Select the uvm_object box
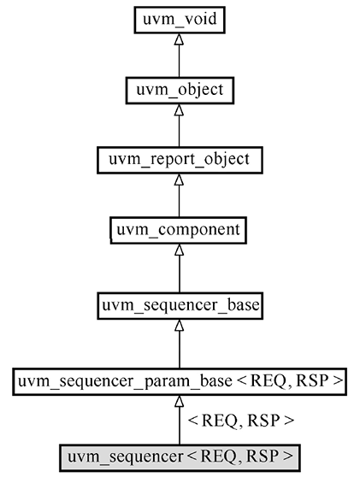tap(179, 88)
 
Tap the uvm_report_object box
tap(179, 159)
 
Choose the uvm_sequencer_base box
tap(179, 303)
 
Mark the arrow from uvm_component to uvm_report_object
tap(179, 197)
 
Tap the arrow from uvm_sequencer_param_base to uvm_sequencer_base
tap(179, 342)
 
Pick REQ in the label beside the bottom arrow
tap(218, 421)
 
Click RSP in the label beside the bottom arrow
tap(264, 421)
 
